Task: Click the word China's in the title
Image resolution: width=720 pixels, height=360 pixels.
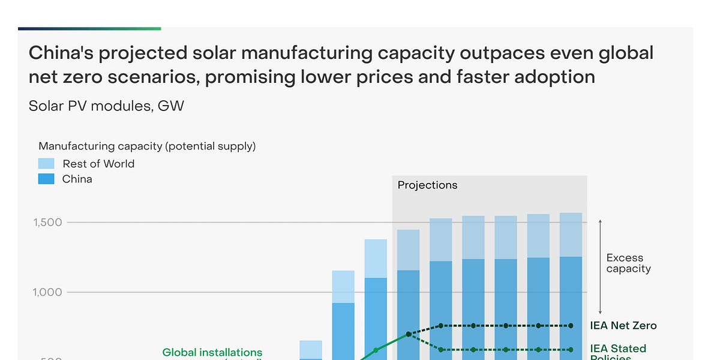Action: [61, 53]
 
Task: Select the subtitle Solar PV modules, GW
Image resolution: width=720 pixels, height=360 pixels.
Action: [106, 106]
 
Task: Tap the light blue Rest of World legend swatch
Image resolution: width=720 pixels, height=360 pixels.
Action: [46, 164]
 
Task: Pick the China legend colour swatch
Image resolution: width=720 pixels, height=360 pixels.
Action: [46, 179]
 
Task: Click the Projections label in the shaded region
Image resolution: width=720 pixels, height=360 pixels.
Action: [427, 185]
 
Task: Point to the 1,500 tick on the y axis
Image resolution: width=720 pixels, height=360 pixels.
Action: [47, 223]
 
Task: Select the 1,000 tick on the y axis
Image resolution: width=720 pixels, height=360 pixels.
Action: [47, 292]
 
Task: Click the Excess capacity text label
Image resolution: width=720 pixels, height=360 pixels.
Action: [628, 263]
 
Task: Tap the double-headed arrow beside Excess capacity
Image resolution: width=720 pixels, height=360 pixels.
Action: [600, 264]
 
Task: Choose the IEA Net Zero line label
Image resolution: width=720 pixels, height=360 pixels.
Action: [623, 326]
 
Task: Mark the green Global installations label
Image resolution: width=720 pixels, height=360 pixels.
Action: [212, 353]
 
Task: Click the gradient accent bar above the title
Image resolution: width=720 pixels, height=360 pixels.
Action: [89, 28]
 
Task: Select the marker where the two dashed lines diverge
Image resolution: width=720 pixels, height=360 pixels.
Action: [409, 334]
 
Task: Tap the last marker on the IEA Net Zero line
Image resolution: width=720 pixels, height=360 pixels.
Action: [571, 326]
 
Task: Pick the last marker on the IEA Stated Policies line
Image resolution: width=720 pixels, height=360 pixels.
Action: [571, 350]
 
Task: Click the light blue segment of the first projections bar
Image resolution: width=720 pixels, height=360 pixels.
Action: [409, 250]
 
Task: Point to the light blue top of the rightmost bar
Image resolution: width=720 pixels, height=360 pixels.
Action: [571, 235]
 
